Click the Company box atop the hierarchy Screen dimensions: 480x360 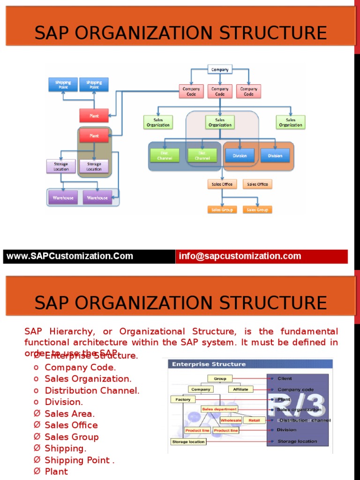220,69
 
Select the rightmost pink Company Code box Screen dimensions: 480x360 248,91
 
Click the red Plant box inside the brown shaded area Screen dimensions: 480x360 94,136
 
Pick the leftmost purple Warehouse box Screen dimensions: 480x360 63,198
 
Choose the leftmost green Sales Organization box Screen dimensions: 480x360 158,122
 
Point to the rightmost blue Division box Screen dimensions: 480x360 275,156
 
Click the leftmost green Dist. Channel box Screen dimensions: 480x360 165,156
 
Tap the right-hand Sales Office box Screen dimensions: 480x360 257,184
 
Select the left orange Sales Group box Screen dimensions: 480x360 222,210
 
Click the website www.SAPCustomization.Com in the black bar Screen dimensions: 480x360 69,256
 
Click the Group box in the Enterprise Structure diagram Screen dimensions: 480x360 220,378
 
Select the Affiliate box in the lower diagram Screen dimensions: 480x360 240,389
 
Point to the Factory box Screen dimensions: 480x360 183,399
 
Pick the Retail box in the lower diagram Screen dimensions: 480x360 254,420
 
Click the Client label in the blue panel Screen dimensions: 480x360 285,378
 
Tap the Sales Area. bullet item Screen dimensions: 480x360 69,413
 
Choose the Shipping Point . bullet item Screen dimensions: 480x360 79,460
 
